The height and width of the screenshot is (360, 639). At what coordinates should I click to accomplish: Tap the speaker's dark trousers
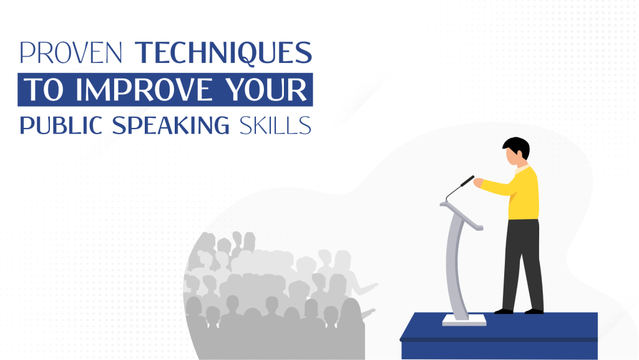point(523,262)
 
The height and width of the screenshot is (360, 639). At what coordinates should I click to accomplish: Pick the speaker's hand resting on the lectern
point(478,183)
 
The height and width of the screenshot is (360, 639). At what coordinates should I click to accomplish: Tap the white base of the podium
point(464,319)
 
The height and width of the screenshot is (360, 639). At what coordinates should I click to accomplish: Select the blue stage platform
point(499,337)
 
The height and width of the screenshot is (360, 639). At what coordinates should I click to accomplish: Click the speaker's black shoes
point(518,310)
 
